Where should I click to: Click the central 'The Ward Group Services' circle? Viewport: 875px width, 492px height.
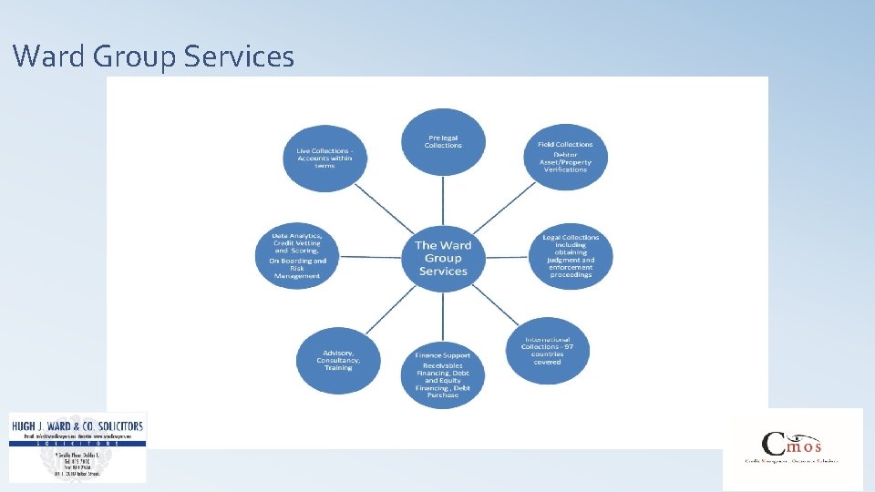coord(443,258)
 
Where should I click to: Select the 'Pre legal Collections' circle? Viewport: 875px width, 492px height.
coord(443,143)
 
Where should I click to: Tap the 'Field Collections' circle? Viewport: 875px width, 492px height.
coord(565,157)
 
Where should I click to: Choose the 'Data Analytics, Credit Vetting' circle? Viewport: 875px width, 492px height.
coord(297,257)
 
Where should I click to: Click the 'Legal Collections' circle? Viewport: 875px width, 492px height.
coord(571,255)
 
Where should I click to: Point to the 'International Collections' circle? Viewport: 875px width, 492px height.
coord(548,349)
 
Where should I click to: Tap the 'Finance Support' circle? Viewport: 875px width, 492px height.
coord(443,374)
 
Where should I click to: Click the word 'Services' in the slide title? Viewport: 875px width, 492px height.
coord(239,57)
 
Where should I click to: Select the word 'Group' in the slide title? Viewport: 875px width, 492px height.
coord(137,57)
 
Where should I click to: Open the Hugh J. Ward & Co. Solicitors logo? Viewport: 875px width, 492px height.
coord(77,446)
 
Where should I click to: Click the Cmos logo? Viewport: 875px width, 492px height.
coord(792,448)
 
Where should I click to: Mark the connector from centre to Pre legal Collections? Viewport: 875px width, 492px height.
coord(443,202)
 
